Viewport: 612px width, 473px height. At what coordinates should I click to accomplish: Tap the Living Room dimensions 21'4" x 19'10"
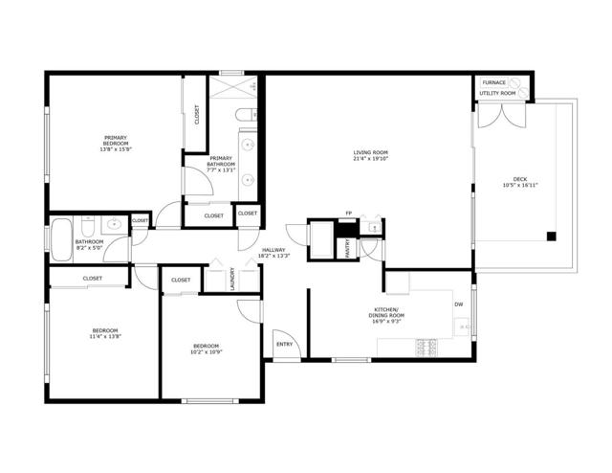[370, 158]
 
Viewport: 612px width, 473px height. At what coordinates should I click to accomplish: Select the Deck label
[519, 178]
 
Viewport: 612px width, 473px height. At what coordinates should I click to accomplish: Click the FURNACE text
[493, 82]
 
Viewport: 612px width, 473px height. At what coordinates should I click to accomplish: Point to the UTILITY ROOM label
[498, 93]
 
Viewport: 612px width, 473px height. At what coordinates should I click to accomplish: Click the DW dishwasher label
[459, 304]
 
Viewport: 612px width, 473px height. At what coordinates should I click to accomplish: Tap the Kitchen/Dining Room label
[388, 312]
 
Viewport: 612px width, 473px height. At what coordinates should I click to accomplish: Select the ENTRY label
[284, 344]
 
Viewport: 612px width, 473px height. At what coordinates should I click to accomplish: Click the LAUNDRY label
[232, 278]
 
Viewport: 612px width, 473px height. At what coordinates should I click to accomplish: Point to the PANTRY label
[347, 248]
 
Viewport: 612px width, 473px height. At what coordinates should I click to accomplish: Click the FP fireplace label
[349, 213]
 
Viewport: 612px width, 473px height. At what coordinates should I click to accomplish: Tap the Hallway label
[273, 251]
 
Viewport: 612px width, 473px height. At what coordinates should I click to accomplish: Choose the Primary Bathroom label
[221, 161]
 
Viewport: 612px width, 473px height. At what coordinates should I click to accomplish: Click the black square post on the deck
[551, 236]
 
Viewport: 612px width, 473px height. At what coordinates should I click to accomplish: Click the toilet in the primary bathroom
[244, 116]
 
